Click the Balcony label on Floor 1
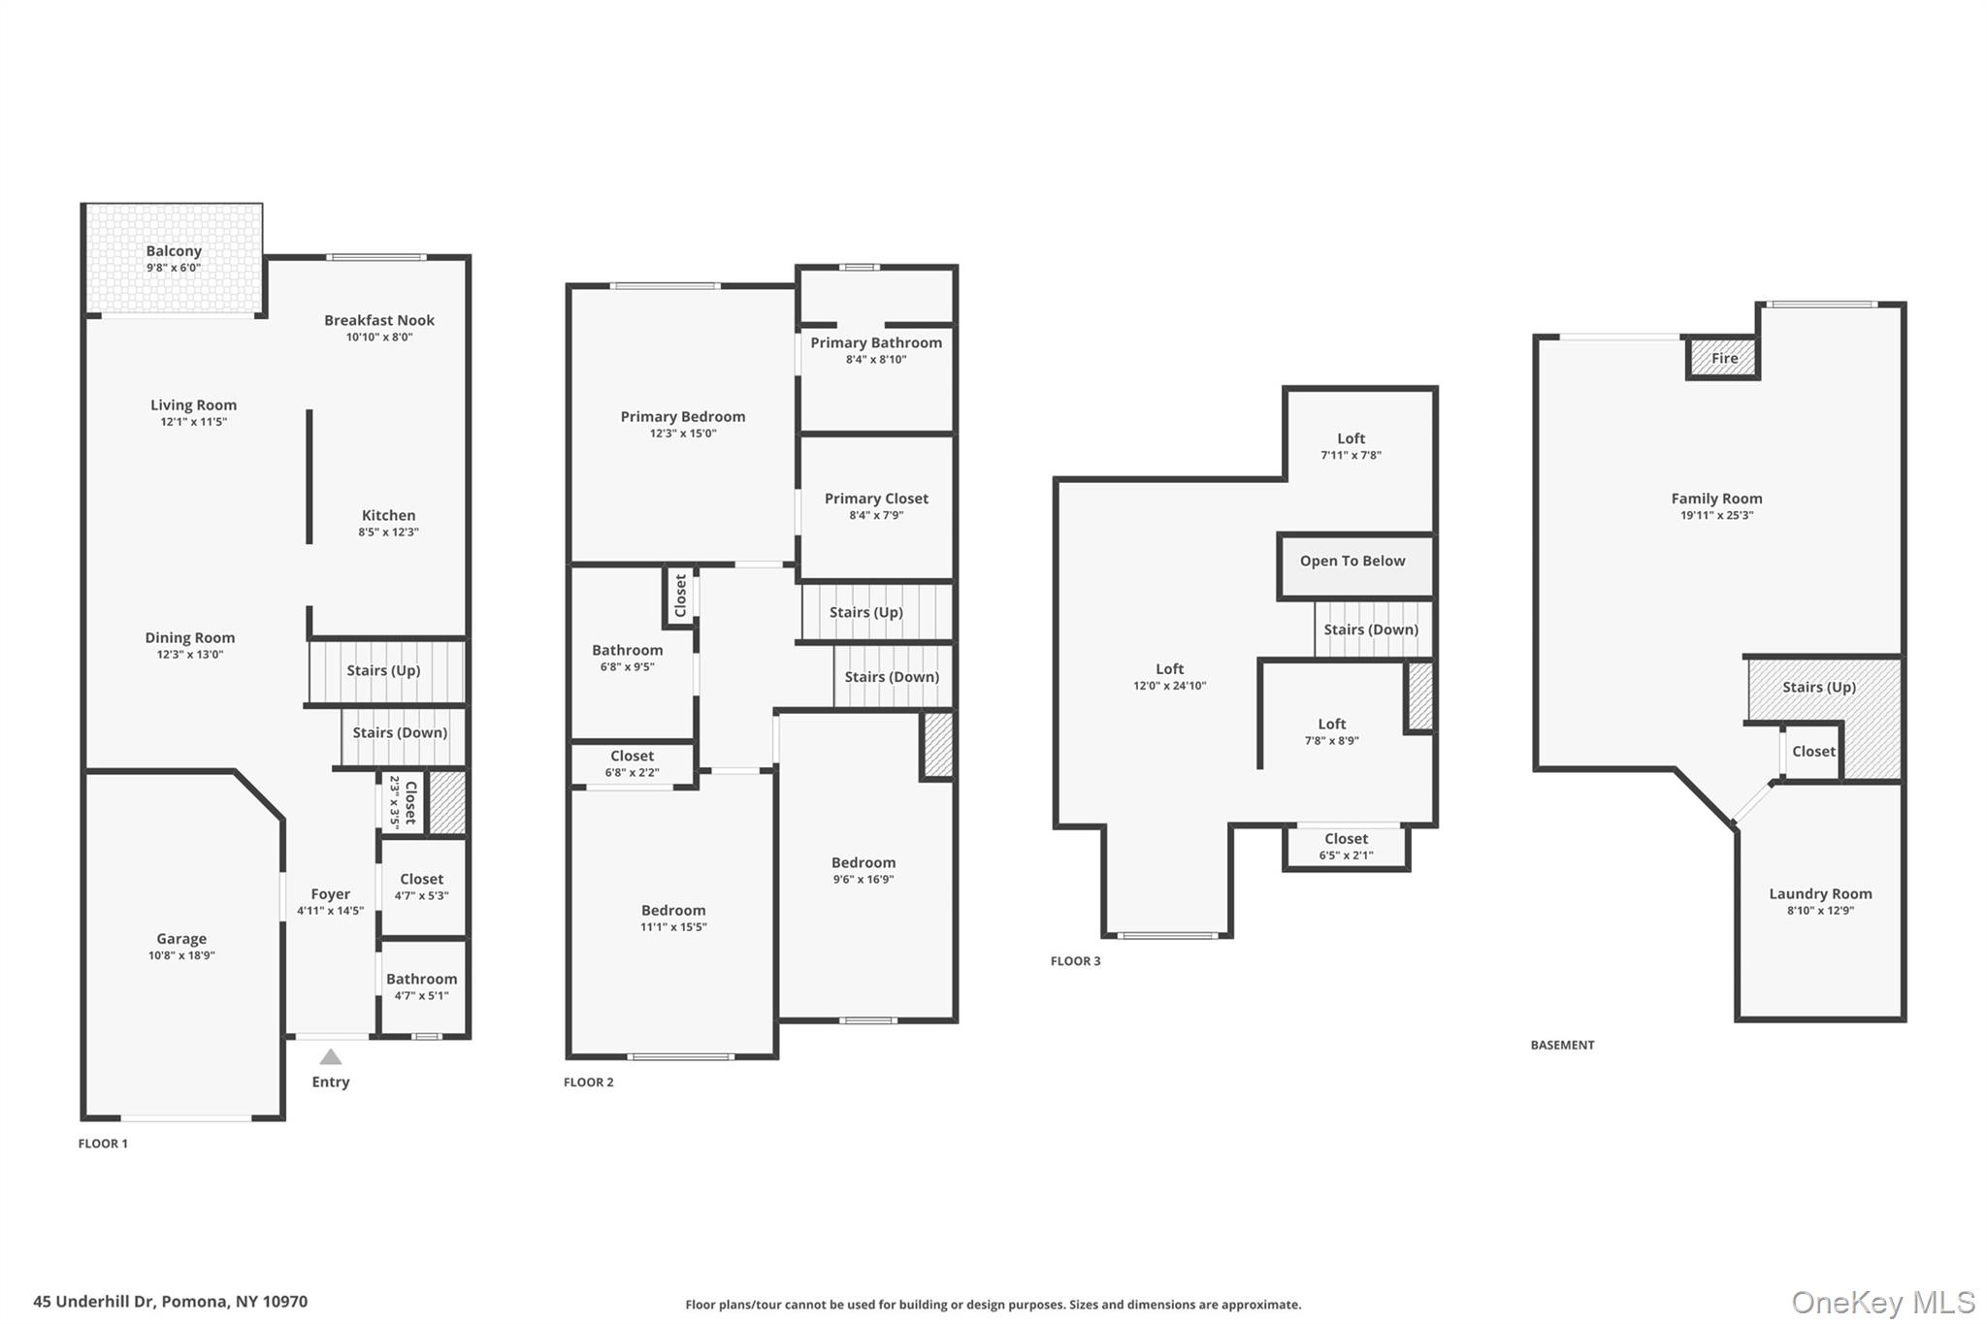pos(174,251)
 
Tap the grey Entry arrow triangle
pos(331,1057)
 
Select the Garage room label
pos(181,939)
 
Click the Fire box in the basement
pos(1724,358)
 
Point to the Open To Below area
pos(1352,562)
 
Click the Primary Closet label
pos(876,499)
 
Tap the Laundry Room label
pos(1820,894)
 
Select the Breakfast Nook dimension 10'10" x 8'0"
pos(379,338)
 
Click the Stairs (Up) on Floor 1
pos(384,670)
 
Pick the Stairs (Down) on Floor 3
pos(1371,630)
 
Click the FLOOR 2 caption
pos(589,1082)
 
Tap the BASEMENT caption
pos(1562,1046)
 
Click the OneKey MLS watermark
pos(1882,1303)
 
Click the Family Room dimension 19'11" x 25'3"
pos(1716,516)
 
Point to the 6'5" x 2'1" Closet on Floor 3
pos(1346,846)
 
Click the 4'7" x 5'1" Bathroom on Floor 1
pos(421,986)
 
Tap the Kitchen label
pos(388,516)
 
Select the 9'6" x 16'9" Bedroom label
pos(863,863)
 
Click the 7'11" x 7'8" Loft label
pos(1351,438)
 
